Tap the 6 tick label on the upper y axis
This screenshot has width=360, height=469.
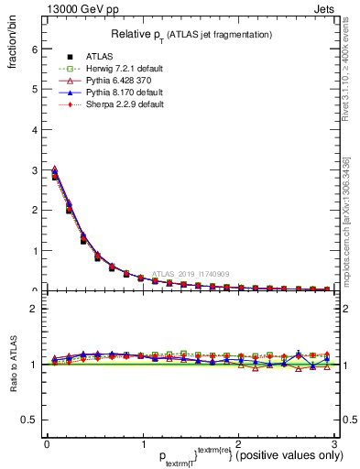(32, 49)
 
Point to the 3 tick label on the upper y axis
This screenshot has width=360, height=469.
(32, 170)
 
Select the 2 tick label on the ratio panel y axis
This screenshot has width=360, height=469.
(32, 309)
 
